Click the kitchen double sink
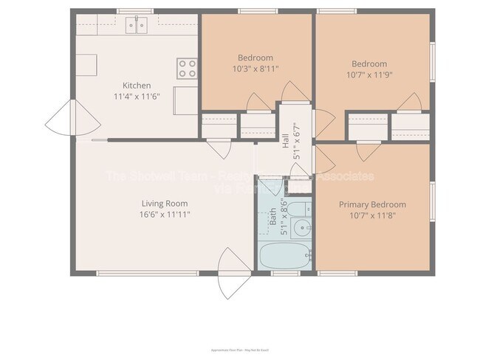pyautogui.click(x=136, y=26)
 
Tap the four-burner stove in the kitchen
pyautogui.click(x=187, y=69)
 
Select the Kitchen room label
pyautogui.click(x=137, y=86)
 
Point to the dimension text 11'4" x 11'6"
pyautogui.click(x=137, y=97)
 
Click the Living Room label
pyautogui.click(x=165, y=204)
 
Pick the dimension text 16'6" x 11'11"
pyautogui.click(x=165, y=215)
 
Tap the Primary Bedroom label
pyautogui.click(x=372, y=204)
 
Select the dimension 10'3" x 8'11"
pyautogui.click(x=256, y=69)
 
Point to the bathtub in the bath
pyautogui.click(x=284, y=257)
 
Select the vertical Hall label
pyautogui.click(x=286, y=142)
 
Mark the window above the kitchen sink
pyautogui.click(x=136, y=12)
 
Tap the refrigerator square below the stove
pyautogui.click(x=185, y=100)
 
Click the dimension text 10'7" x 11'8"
pyautogui.click(x=372, y=215)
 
